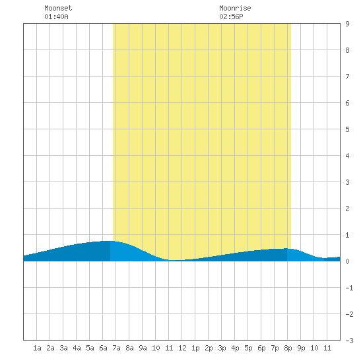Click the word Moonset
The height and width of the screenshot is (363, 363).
58,8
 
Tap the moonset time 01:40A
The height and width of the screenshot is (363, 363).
56,16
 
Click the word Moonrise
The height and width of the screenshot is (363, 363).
235,8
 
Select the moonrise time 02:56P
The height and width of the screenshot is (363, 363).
231,16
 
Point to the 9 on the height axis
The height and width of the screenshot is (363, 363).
347,24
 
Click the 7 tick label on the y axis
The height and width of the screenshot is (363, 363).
347,77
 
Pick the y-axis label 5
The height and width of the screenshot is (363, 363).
347,129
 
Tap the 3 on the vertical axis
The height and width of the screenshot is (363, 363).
347,182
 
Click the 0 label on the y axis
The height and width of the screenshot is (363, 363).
347,261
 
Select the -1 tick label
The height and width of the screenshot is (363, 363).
349,288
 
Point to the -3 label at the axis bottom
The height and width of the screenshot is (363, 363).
349,341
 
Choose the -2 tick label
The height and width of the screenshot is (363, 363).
349,314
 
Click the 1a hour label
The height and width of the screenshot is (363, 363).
37,348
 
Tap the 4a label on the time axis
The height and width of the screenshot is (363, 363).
77,348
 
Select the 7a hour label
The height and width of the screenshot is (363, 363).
116,348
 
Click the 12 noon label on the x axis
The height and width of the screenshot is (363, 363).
182,348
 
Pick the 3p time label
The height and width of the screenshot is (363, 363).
222,348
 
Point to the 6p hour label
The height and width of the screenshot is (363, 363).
261,348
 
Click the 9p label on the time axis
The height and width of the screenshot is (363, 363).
301,348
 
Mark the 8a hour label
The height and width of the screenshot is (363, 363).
129,348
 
